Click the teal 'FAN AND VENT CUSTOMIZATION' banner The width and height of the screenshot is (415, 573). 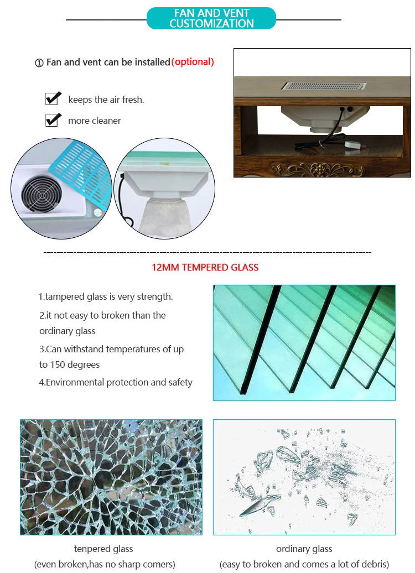coord(211,18)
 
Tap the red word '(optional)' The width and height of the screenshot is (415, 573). coord(193,62)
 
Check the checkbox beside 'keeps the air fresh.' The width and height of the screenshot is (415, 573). coord(53,99)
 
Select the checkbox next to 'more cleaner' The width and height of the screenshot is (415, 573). coord(53,119)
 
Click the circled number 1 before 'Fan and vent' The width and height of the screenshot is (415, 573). coord(39,63)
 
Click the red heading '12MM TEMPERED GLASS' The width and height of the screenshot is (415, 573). coord(205,268)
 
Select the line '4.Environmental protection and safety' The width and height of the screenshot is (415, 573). coord(116,382)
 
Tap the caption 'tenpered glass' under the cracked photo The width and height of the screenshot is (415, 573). coord(103,549)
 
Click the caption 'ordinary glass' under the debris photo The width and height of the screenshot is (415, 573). coord(304,549)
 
